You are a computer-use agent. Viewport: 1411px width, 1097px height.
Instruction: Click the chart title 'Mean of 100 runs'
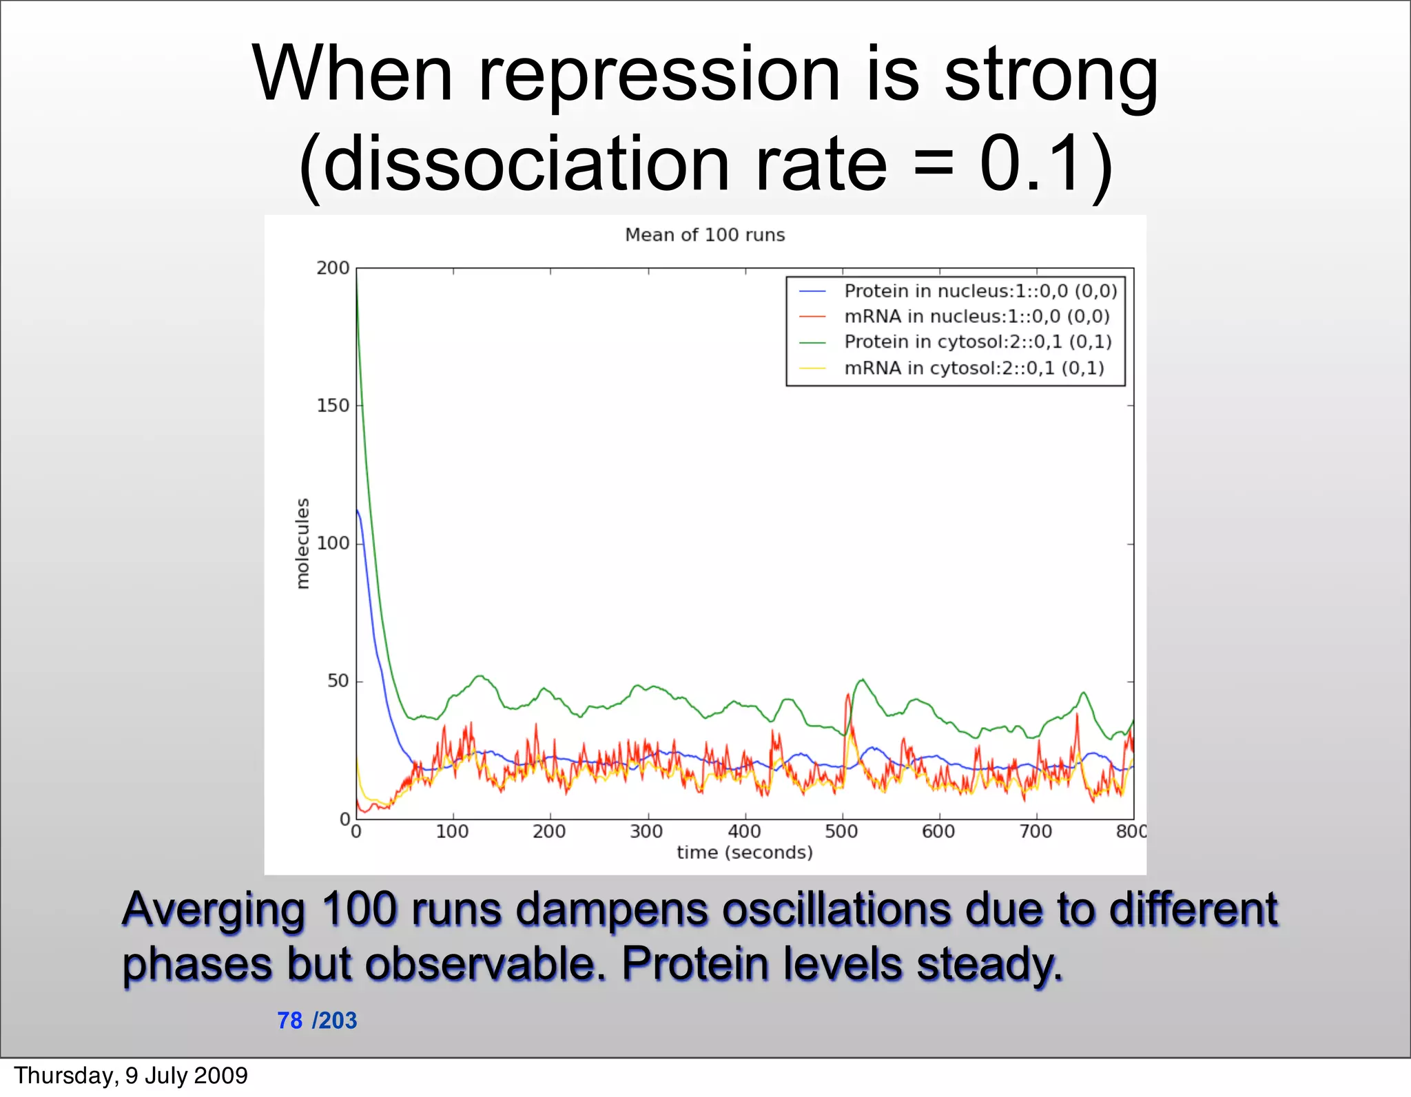coord(705,236)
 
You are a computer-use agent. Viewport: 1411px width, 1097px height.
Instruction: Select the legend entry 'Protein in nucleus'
coord(980,291)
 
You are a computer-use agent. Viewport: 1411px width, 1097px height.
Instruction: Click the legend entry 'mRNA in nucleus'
coord(976,317)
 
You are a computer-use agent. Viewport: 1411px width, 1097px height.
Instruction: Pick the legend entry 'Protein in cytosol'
coord(978,342)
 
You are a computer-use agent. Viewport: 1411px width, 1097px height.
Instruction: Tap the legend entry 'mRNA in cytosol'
coord(974,368)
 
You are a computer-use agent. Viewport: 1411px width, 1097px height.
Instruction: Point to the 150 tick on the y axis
coord(333,406)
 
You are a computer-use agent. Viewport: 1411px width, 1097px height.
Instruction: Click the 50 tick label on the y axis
coord(338,681)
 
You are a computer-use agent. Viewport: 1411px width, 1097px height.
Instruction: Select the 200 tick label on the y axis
coord(333,268)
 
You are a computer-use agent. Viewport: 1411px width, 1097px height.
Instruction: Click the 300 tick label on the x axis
coord(647,832)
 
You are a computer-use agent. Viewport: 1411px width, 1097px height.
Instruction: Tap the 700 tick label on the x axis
coord(1036,832)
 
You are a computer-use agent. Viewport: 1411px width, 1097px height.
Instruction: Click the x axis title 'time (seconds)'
coord(744,853)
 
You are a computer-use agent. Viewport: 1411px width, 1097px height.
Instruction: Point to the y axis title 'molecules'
coord(302,543)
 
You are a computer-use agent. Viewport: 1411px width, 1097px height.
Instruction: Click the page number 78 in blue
coord(289,1021)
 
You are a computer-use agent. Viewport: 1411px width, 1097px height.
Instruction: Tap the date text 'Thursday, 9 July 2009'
coord(131,1076)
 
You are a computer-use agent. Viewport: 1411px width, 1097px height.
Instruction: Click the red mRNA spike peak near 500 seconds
coord(847,696)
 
